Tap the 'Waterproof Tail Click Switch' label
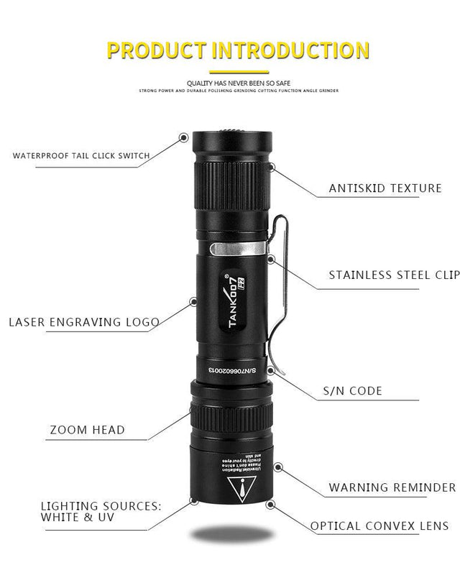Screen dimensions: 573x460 81,155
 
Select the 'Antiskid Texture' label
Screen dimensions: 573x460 385,188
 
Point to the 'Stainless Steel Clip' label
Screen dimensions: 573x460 393,275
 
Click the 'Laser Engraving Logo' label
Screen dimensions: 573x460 84,322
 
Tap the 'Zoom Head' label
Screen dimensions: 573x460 87,430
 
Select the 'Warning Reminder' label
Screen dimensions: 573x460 392,487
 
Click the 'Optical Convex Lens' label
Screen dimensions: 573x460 379,526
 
